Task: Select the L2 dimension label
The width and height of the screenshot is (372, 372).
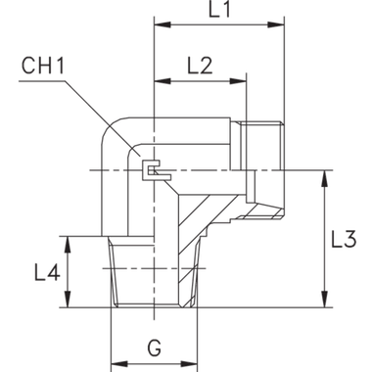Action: (200, 66)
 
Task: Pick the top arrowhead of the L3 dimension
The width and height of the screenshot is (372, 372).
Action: (323, 173)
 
